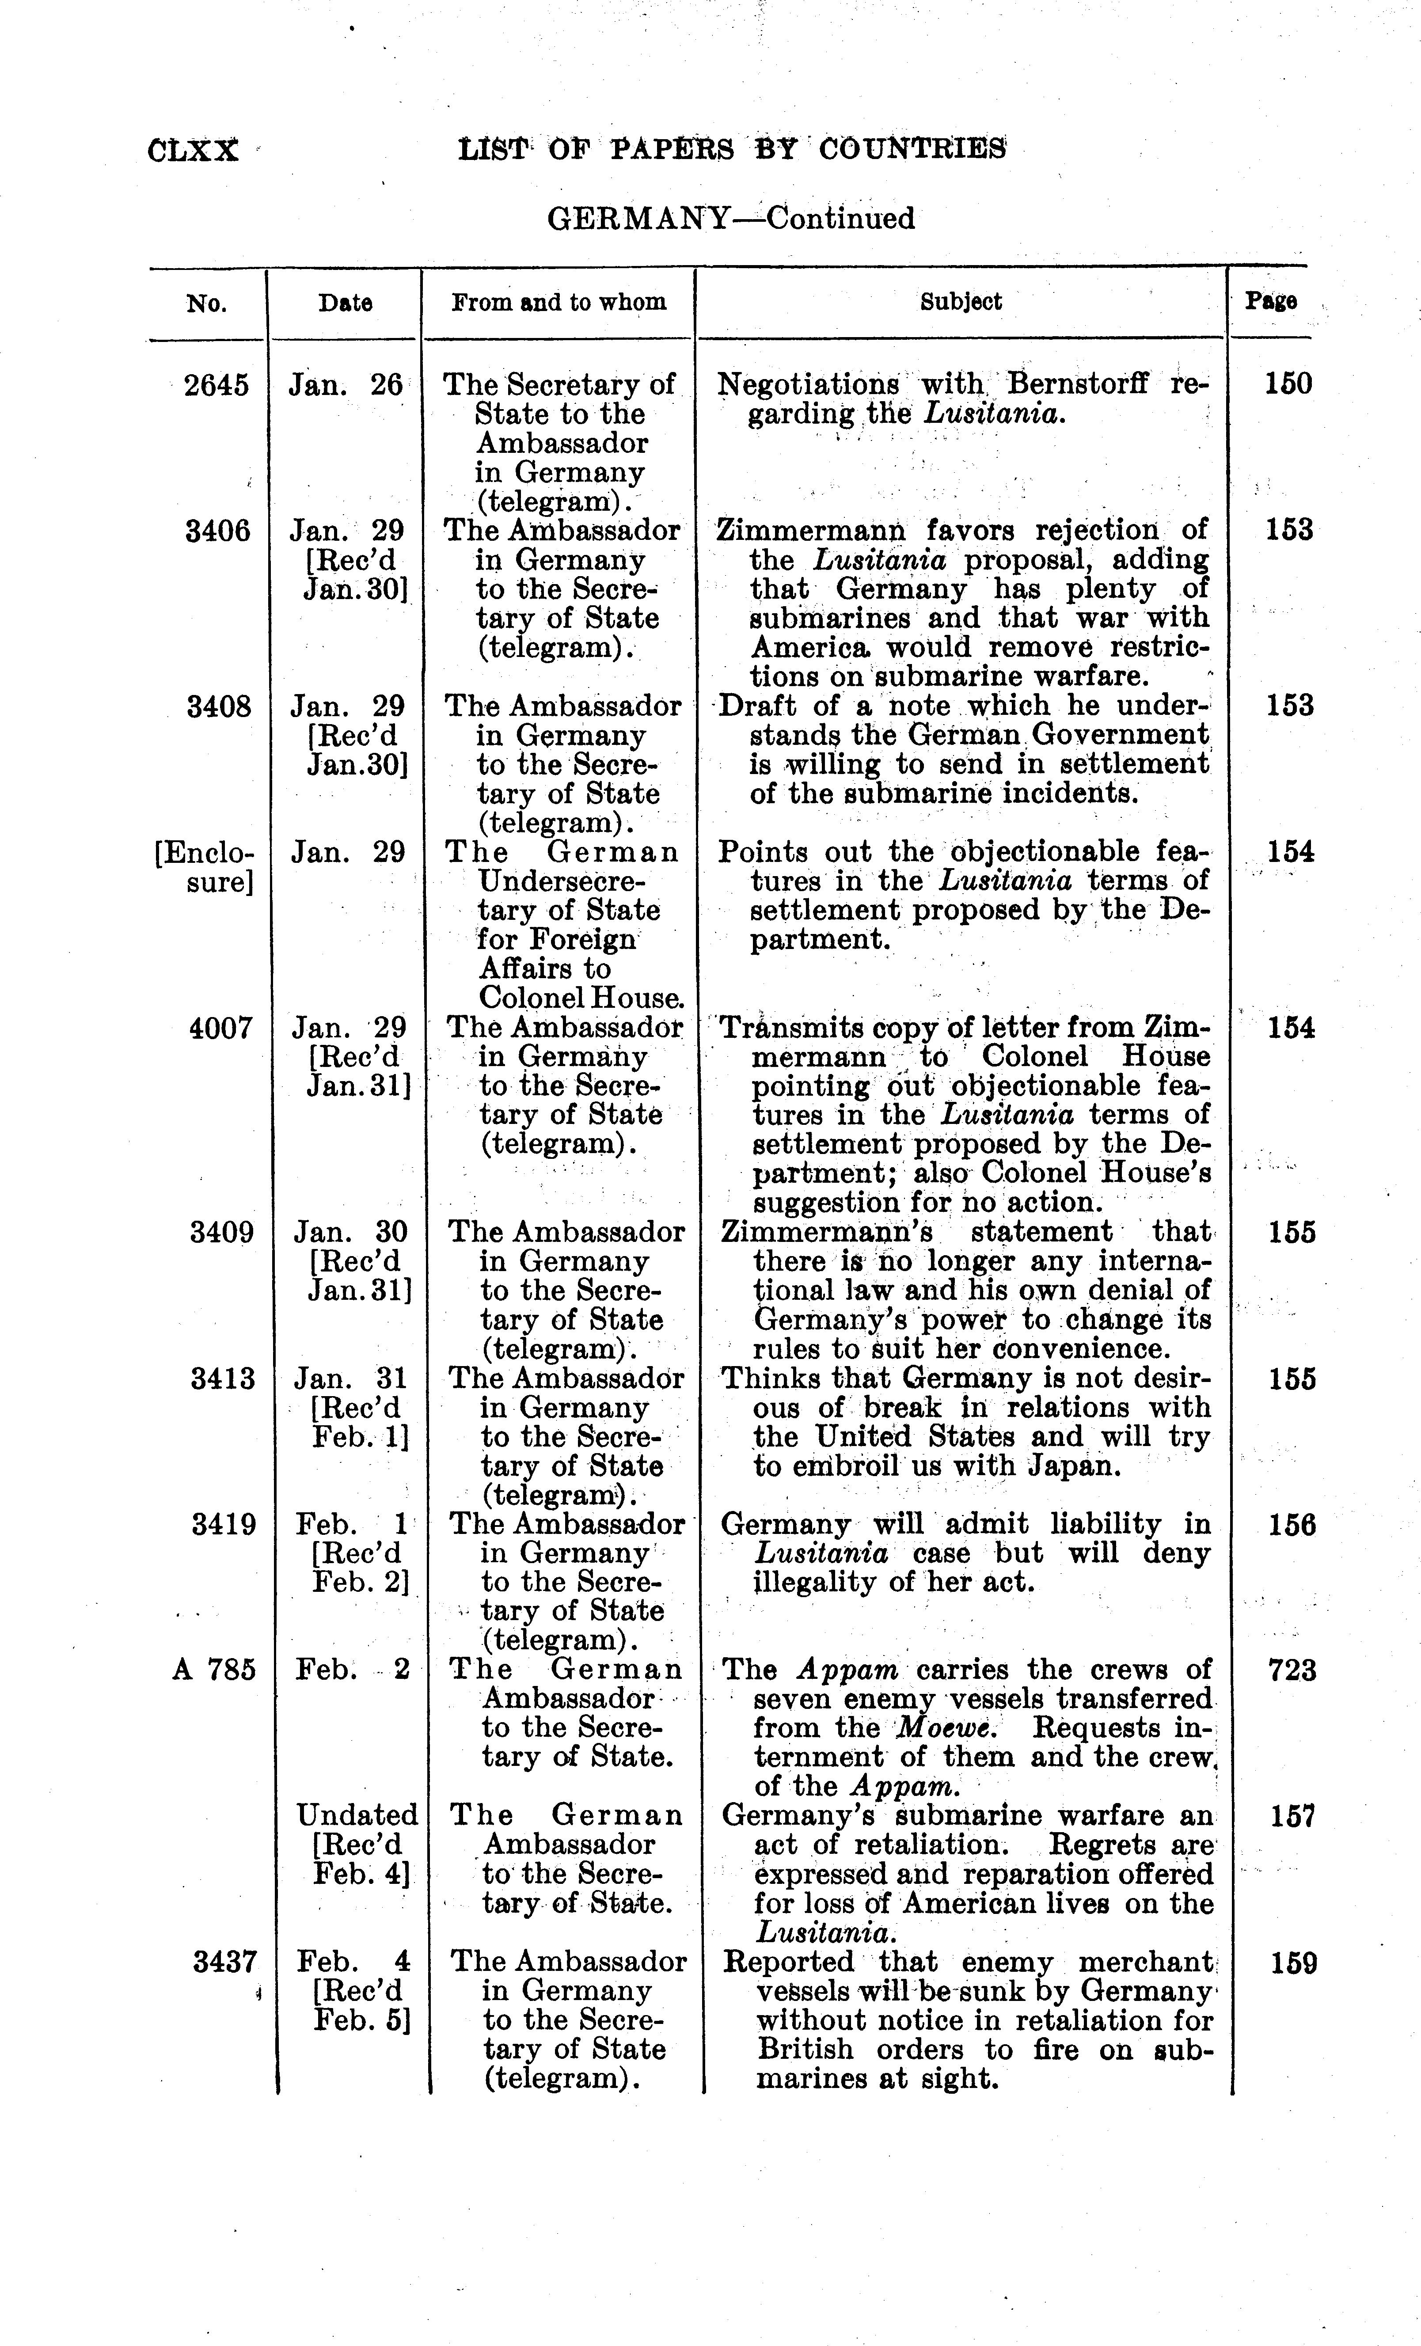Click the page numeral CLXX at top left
pyautogui.click(x=194, y=150)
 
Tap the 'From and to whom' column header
pyautogui.click(x=558, y=303)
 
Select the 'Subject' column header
pyautogui.click(x=960, y=302)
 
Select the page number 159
pyautogui.click(x=1293, y=1963)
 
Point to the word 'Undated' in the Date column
pyautogui.click(x=357, y=1815)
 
